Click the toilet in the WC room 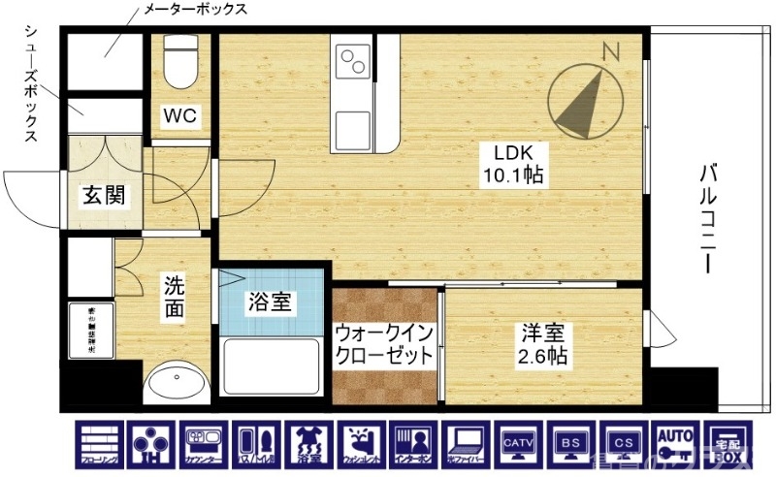point(180,63)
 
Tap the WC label point(179,116)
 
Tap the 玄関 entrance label point(102,196)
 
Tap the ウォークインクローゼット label point(384,344)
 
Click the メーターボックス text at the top point(194,11)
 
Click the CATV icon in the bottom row point(515,445)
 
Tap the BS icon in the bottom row point(568,445)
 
